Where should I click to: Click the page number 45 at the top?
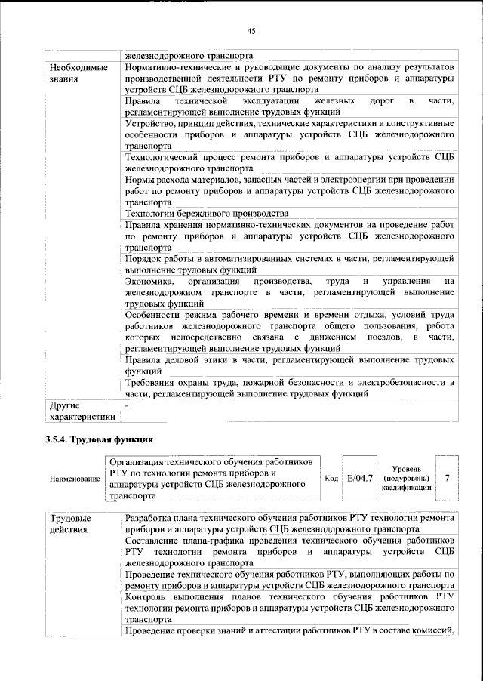coord(251,31)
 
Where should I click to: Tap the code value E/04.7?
coord(360,478)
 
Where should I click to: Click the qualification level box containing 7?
coord(448,478)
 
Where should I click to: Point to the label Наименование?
coord(73,479)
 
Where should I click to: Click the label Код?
coord(331,479)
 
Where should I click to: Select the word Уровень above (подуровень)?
coord(408,469)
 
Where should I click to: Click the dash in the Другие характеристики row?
coord(128,405)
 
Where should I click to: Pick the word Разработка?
coord(152,519)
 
